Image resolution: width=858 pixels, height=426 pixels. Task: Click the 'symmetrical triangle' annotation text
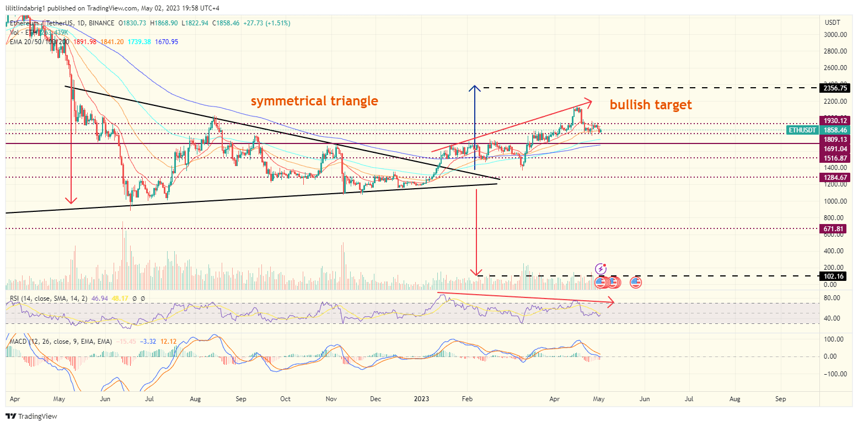(x=314, y=101)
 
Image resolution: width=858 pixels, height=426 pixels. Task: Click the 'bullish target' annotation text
(x=650, y=104)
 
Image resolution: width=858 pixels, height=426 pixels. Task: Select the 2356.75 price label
(x=835, y=88)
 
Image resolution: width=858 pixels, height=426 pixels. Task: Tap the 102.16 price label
(x=834, y=276)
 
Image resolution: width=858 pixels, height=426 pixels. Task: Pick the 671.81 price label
(x=834, y=228)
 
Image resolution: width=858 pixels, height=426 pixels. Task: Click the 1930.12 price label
(x=835, y=120)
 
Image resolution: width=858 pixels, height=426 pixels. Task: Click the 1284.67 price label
(x=835, y=177)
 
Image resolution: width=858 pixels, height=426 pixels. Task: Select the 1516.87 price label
(x=835, y=158)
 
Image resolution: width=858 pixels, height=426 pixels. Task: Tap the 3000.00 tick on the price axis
(x=834, y=34)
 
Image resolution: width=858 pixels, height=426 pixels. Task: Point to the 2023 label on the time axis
(x=421, y=398)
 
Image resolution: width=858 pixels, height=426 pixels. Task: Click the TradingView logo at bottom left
(x=31, y=416)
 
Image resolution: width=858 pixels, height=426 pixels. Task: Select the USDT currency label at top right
(x=832, y=23)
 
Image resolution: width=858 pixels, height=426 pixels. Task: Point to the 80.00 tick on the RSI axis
(x=832, y=298)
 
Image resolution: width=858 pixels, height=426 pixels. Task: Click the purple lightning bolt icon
(x=600, y=269)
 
